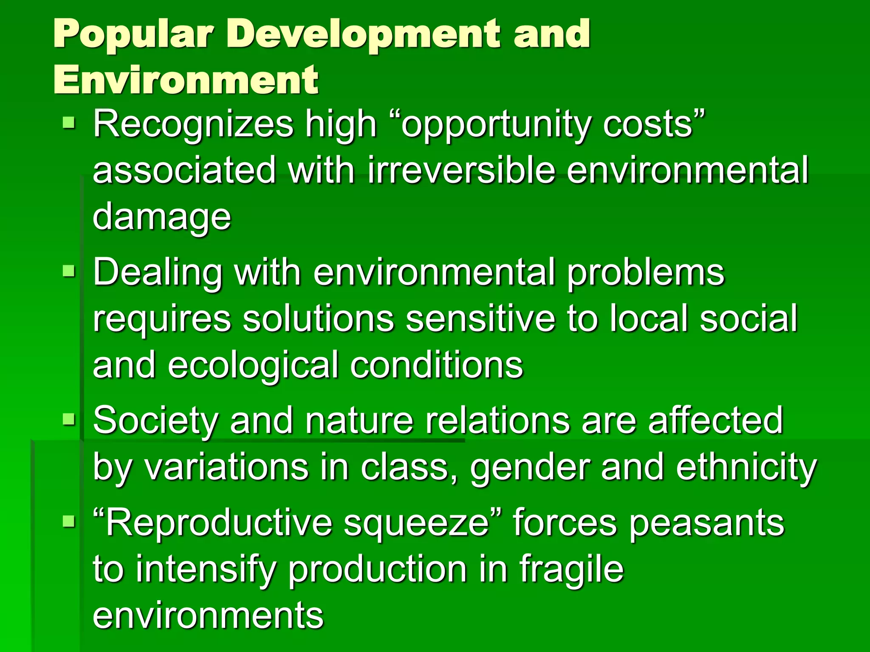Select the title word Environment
point(186,80)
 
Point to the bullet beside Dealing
point(69,271)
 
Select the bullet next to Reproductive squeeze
point(69,521)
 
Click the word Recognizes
point(193,124)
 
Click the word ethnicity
point(746,467)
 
